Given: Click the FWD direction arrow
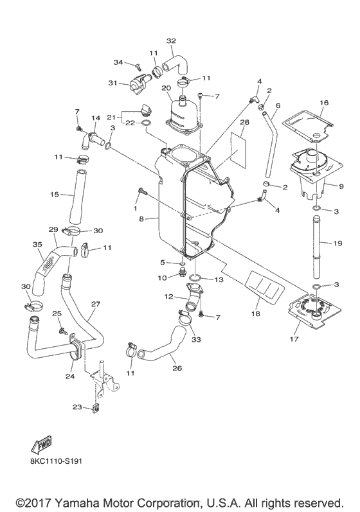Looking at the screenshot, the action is (x=42, y=444).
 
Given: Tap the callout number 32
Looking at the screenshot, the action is (x=171, y=41).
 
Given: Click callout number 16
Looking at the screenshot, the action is (x=324, y=103).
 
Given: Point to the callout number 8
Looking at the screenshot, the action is (x=141, y=219).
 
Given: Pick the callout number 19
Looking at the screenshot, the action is (x=337, y=243).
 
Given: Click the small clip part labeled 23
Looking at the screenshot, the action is (x=96, y=409).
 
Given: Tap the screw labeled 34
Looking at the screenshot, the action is (x=138, y=66).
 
